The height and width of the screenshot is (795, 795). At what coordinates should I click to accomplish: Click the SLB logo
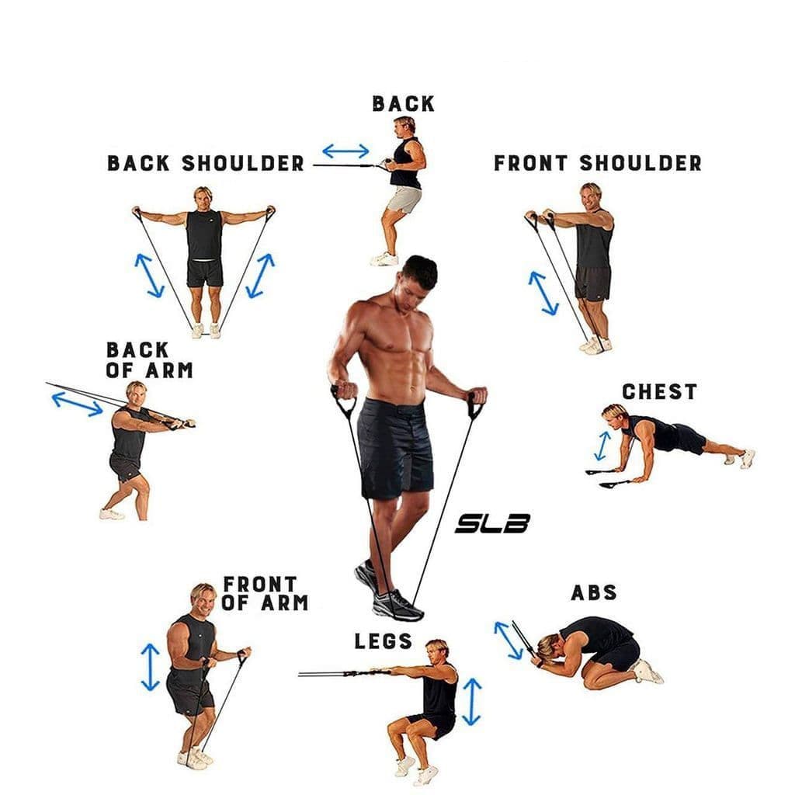click(x=492, y=525)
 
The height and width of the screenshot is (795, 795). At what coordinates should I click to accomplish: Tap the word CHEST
click(x=659, y=392)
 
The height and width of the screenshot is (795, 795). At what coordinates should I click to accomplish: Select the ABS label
click(x=594, y=593)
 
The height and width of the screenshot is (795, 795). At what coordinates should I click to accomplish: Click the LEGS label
click(x=384, y=641)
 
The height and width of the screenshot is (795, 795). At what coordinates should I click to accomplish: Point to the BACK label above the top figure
click(x=403, y=104)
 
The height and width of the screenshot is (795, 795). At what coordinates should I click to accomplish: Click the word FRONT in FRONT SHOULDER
click(x=533, y=164)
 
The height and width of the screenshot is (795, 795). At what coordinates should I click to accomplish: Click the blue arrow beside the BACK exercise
click(x=345, y=151)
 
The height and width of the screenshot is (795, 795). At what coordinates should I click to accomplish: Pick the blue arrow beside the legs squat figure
click(x=471, y=701)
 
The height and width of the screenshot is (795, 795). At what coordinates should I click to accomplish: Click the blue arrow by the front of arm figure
click(x=150, y=666)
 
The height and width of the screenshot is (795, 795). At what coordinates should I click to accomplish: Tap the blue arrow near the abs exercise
click(x=509, y=640)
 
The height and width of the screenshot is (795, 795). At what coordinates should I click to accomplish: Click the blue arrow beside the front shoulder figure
click(x=543, y=293)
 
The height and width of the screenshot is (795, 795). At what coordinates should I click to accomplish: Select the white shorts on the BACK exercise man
click(x=404, y=199)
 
